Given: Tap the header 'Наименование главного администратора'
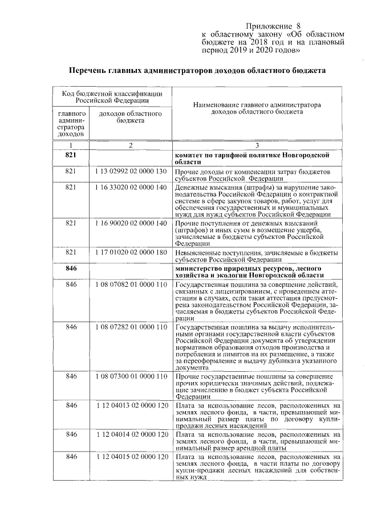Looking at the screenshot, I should pos(257,108).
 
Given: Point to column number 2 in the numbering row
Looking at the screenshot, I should pos(130,146).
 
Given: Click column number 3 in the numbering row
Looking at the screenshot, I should pos(257,146).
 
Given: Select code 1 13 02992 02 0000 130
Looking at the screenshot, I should pos(131,172).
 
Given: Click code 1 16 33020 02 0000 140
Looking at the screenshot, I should pos(131,187).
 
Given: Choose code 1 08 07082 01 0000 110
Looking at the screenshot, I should pos(131,284).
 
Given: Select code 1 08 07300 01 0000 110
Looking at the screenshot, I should pos(131,377).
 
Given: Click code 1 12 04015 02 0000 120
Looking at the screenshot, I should pos(131,457).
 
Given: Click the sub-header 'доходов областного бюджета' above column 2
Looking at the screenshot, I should pos(130,117).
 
